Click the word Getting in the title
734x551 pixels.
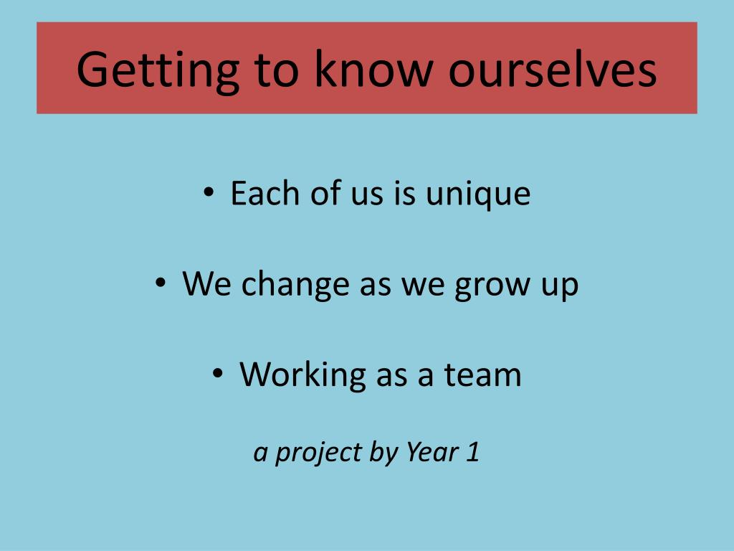pos(158,71)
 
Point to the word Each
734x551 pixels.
pos(265,193)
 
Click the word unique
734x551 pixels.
pos(478,194)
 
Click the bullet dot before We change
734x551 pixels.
pos(161,283)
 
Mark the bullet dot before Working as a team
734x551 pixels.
pos(218,373)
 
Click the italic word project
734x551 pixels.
pos(318,453)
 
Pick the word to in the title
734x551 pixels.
pos(276,71)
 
